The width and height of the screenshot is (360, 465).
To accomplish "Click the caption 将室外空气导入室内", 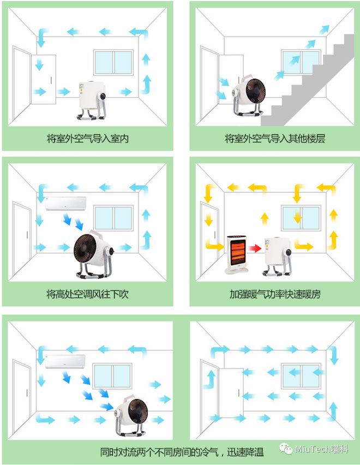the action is point(88,139).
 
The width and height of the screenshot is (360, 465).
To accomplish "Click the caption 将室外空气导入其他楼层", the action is point(275,139).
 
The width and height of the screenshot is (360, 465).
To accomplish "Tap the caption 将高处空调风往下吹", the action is point(87,294).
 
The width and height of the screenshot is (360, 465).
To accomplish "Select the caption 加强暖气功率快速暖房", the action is point(275,294).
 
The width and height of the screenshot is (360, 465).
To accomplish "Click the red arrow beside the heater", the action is point(255,248).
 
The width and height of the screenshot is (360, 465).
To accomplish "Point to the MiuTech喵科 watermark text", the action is point(321,449).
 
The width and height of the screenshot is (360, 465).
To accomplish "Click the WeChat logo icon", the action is point(286,449).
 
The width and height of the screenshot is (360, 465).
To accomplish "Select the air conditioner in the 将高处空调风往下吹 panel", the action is point(65,203).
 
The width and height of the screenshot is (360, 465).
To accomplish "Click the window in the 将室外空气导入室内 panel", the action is point(113,63).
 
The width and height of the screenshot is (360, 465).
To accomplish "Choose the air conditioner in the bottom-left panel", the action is point(65,361).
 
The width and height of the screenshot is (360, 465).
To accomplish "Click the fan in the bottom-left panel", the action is point(131,415).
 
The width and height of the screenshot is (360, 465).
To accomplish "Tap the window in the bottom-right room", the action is point(301,375).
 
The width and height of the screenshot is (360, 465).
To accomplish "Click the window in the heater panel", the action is point(301,218).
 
